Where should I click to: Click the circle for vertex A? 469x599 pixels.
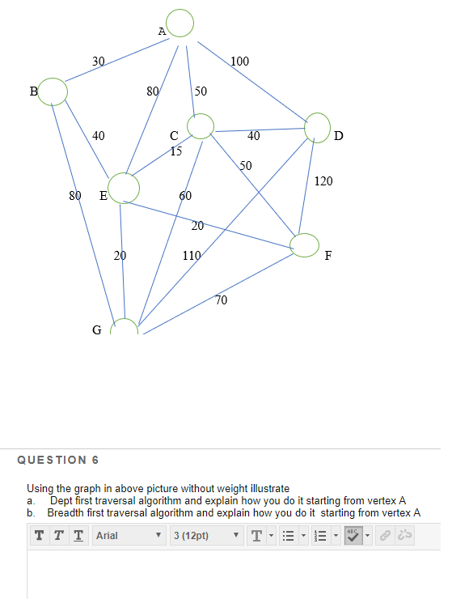tap(181, 23)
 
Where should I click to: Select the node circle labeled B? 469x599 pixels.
tap(53, 91)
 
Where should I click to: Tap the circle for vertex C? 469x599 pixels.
tap(200, 126)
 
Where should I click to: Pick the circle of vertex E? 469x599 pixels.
tap(124, 188)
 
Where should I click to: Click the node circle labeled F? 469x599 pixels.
tap(305, 244)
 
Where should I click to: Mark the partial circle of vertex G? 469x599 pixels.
tap(125, 326)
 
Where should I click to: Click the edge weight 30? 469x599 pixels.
tap(98, 62)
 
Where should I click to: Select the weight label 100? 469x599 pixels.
tap(240, 62)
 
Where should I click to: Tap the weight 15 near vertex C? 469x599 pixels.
tap(176, 151)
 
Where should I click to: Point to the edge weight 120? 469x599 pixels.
tap(323, 181)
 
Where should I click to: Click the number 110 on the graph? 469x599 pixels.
tap(192, 256)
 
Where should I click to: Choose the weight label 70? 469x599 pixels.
tap(222, 300)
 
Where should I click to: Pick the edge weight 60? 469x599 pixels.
tap(185, 196)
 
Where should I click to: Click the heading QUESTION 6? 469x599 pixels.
tap(57, 460)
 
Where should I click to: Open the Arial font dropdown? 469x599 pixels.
tap(129, 536)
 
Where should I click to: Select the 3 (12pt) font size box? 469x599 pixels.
tap(204, 536)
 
